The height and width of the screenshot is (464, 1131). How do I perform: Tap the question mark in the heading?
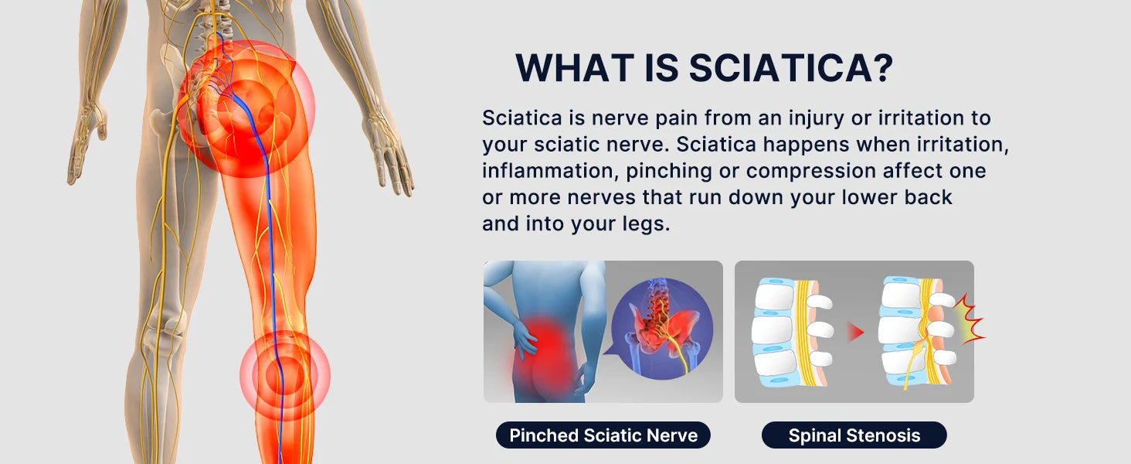[881, 68]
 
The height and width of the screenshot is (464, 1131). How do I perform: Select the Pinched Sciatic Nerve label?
[603, 435]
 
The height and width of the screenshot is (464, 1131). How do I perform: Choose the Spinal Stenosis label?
[854, 435]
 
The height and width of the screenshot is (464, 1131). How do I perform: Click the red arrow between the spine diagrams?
[855, 333]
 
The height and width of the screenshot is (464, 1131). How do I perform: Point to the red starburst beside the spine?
[970, 319]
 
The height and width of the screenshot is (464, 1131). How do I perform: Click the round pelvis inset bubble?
[661, 328]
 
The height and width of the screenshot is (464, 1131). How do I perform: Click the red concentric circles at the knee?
[284, 376]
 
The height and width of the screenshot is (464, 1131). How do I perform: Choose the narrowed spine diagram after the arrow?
[919, 333]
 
